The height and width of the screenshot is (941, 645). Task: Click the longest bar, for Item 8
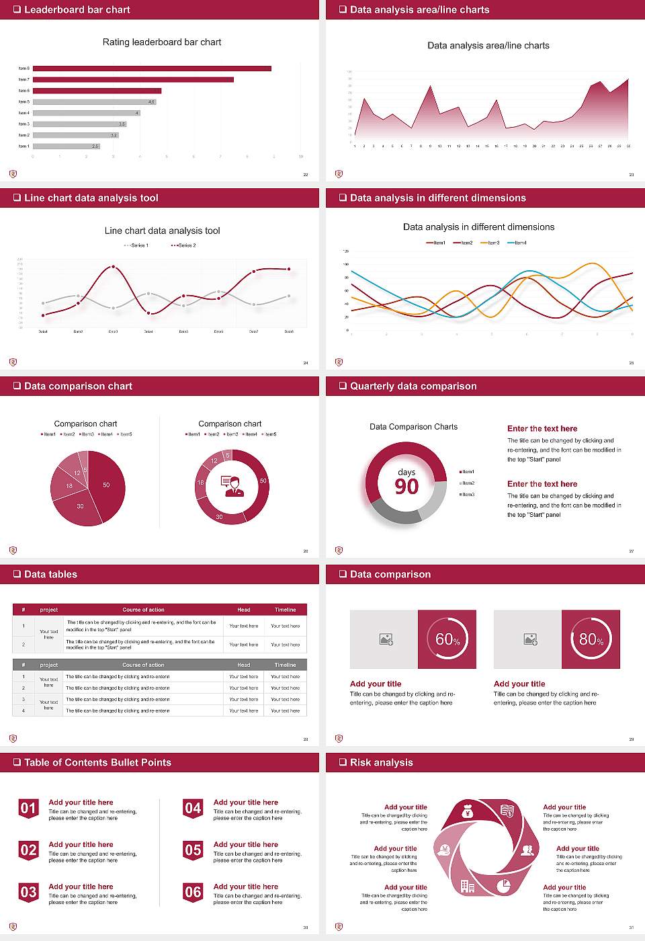coord(152,69)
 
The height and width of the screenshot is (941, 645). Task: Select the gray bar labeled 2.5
coord(66,146)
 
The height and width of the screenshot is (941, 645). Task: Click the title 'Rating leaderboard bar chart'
coord(162,42)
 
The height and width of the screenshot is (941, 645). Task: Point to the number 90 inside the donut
coord(406,486)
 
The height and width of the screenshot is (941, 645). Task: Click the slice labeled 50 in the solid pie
coord(106,485)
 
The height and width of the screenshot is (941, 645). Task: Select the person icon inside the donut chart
coord(232,485)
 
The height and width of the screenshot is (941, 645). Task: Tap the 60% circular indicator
coord(447,639)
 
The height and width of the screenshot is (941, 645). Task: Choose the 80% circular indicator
coord(591,639)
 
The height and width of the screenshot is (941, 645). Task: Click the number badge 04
coord(193,809)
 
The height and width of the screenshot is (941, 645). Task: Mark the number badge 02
coord(28,851)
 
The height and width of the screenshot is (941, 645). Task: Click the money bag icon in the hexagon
coord(468,813)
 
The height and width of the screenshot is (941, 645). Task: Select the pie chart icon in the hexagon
coord(503,886)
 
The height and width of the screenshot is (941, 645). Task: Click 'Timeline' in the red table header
coord(285,610)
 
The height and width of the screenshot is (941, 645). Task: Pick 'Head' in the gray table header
coord(243,665)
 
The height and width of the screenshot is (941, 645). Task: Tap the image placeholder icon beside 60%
coord(386,639)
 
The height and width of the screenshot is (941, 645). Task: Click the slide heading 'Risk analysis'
coord(381,763)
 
